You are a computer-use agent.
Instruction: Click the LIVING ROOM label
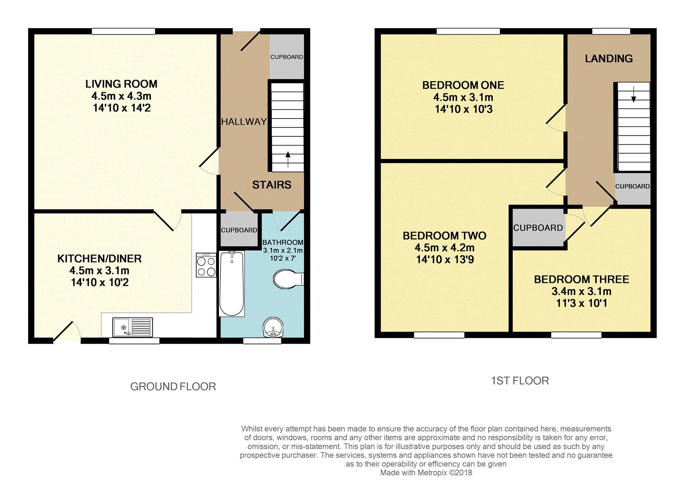coord(121,84)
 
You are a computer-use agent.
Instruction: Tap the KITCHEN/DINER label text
coord(100,259)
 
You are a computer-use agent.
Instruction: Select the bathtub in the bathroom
coord(232,284)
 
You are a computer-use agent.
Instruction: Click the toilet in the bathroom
coord(288,279)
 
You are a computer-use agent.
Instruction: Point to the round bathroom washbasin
coord(273,327)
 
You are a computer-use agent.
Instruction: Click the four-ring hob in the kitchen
coord(206,265)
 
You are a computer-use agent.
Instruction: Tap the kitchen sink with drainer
coord(132,327)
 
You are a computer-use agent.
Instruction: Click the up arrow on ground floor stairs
coord(288,160)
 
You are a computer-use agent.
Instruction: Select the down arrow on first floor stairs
coord(633,95)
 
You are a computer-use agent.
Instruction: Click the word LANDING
coord(609,59)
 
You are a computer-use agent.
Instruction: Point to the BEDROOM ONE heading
coord(463,85)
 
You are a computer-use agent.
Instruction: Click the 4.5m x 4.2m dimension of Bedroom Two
coord(445,247)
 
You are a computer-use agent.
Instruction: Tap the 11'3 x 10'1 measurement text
coord(581,303)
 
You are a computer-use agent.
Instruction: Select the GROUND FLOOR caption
coord(173,386)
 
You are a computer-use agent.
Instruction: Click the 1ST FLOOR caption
coord(520,381)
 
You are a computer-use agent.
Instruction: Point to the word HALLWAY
coord(244,122)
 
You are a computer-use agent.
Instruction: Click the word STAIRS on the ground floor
coord(272,185)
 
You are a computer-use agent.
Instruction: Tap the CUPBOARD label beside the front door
coord(287,57)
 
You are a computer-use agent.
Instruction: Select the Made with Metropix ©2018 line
coord(426,473)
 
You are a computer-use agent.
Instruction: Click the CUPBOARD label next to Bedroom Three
coord(538,228)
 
